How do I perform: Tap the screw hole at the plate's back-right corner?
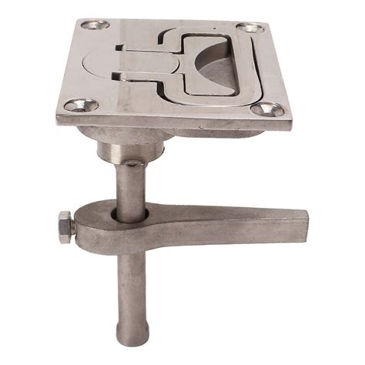(x=249, y=28)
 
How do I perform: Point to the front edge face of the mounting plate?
(x=169, y=123)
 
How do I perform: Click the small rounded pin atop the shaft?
(x=132, y=162)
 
